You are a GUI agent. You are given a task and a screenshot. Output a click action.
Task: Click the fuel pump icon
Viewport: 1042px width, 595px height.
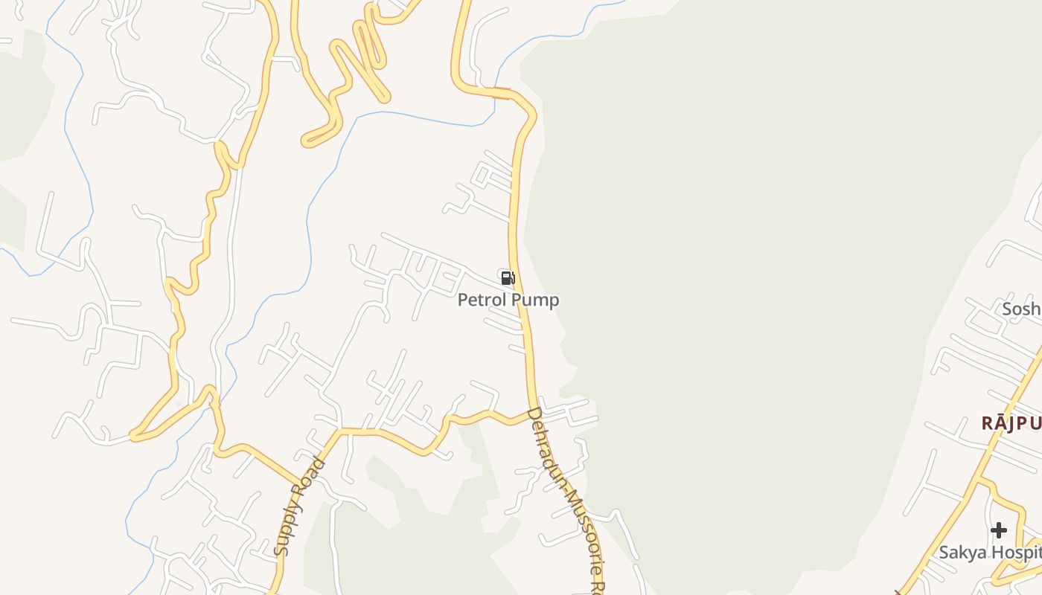(x=508, y=278)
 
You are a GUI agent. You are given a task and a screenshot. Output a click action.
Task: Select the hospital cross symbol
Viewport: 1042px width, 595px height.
(x=999, y=530)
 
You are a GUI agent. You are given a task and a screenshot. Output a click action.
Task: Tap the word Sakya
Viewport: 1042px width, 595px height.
(x=962, y=553)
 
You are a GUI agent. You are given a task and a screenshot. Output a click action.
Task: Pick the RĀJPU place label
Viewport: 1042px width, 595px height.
(x=1011, y=423)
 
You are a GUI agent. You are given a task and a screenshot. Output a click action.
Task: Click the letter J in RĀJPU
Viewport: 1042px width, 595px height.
(x=1017, y=423)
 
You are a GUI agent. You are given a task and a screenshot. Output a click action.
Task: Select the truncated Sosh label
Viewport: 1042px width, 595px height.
(x=1021, y=308)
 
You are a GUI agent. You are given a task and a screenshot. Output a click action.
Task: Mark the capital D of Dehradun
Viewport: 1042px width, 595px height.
(x=532, y=414)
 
